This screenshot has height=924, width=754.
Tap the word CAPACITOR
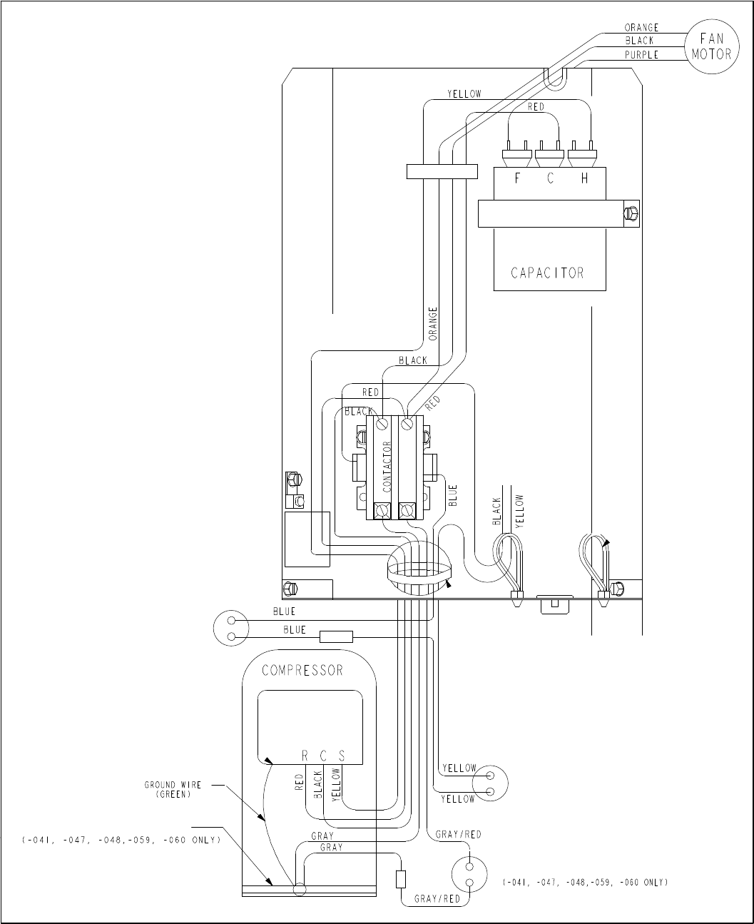click(x=547, y=273)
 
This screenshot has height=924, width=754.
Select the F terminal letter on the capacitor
click(x=517, y=178)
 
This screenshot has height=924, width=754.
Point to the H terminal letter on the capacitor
click(x=584, y=178)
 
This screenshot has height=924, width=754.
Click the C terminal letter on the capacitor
click(x=550, y=178)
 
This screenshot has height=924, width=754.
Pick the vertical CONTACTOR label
click(x=387, y=467)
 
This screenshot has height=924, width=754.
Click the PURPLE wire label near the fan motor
click(x=641, y=55)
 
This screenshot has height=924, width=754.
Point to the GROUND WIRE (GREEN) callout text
click(x=173, y=789)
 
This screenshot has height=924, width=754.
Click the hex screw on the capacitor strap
click(x=631, y=214)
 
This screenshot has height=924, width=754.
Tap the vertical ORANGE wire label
click(x=433, y=324)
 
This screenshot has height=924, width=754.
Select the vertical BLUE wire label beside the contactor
click(x=453, y=495)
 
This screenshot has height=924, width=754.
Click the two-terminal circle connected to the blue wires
click(x=231, y=628)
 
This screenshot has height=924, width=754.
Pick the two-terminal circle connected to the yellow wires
click(x=490, y=783)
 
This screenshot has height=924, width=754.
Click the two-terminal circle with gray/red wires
click(x=469, y=874)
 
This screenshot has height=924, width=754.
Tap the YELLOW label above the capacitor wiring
click(x=464, y=93)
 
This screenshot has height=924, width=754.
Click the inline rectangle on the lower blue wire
click(x=336, y=636)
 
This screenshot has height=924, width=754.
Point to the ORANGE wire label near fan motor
click(x=641, y=28)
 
